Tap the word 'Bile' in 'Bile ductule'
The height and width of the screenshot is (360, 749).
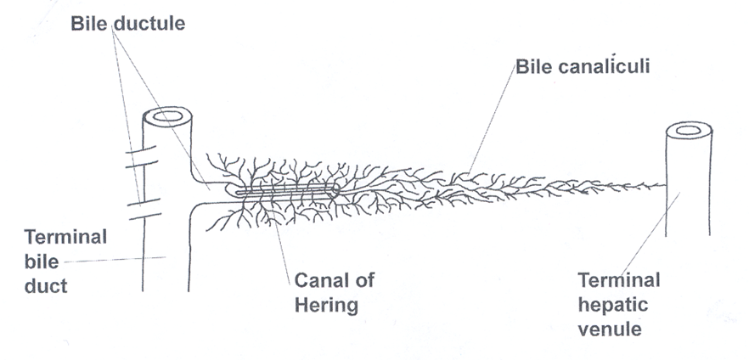click(x=90, y=24)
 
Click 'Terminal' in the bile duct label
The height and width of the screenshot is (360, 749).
click(x=66, y=237)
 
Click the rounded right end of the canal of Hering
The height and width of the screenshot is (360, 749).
click(x=335, y=191)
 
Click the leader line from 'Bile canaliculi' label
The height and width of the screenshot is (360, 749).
click(x=491, y=119)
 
